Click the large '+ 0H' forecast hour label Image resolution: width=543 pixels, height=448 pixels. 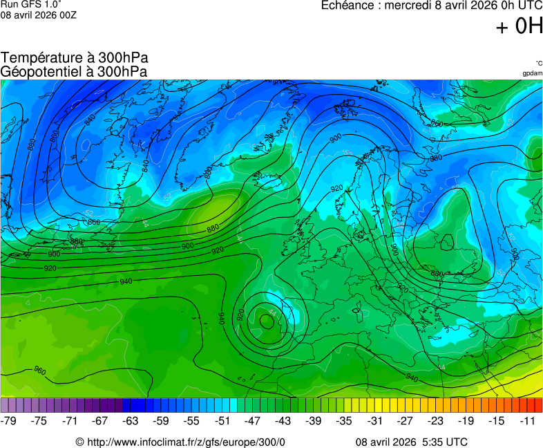point(520,26)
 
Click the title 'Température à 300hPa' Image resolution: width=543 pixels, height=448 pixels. point(75,58)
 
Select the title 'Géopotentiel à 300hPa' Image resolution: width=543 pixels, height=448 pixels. point(74,71)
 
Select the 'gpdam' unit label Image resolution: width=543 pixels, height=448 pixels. point(532,73)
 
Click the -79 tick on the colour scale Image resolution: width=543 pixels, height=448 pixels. point(10,420)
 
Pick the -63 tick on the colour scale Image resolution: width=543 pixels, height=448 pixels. point(131,420)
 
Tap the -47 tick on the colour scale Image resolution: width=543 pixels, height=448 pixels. point(253,420)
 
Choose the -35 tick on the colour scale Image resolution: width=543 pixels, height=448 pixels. point(345,420)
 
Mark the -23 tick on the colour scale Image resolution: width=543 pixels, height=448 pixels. point(436,420)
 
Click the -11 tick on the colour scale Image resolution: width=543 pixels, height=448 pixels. point(527,420)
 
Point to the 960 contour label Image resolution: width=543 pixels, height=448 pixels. point(40,371)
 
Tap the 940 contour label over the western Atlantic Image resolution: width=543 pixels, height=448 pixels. point(126,281)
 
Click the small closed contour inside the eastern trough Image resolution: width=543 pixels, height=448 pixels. point(448,243)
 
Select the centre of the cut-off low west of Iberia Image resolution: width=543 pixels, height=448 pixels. point(267,320)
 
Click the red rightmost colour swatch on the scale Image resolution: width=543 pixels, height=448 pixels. point(538,406)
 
